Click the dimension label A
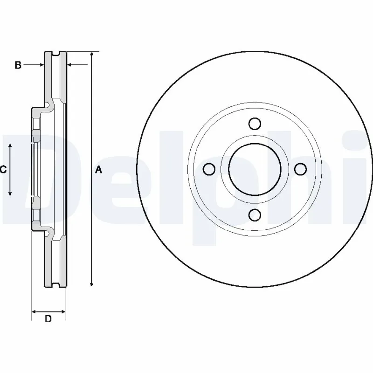[98, 170]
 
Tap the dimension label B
[18, 65]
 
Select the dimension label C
[3, 170]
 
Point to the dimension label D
[48, 319]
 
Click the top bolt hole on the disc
[255, 124]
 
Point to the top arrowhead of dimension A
[92, 54]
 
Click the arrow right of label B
[35, 65]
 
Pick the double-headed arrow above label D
[48, 311]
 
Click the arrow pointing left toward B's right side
[77, 65]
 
